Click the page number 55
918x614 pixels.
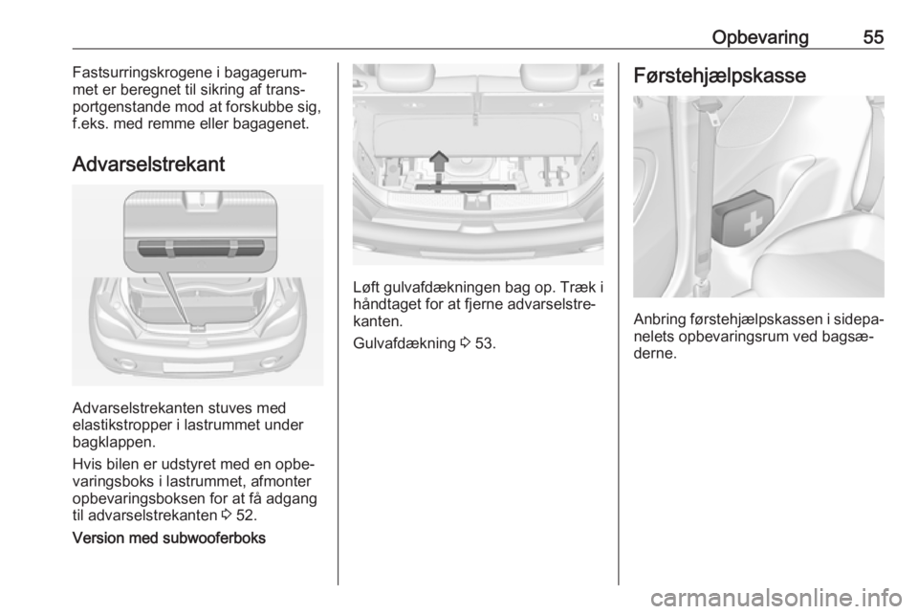pos(873,37)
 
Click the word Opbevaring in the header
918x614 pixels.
pos(760,38)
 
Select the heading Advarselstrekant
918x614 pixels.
pos(149,164)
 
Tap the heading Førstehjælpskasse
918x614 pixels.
pos(719,76)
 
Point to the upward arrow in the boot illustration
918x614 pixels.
pos(439,165)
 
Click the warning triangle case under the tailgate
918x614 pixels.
pos(200,248)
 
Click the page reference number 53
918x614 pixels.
pos(486,343)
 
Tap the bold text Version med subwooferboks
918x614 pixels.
pos(168,537)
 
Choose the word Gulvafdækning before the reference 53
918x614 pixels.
pos(404,343)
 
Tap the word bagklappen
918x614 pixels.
pos(111,442)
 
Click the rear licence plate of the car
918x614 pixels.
pos(198,367)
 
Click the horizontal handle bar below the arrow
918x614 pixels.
pos(466,186)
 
